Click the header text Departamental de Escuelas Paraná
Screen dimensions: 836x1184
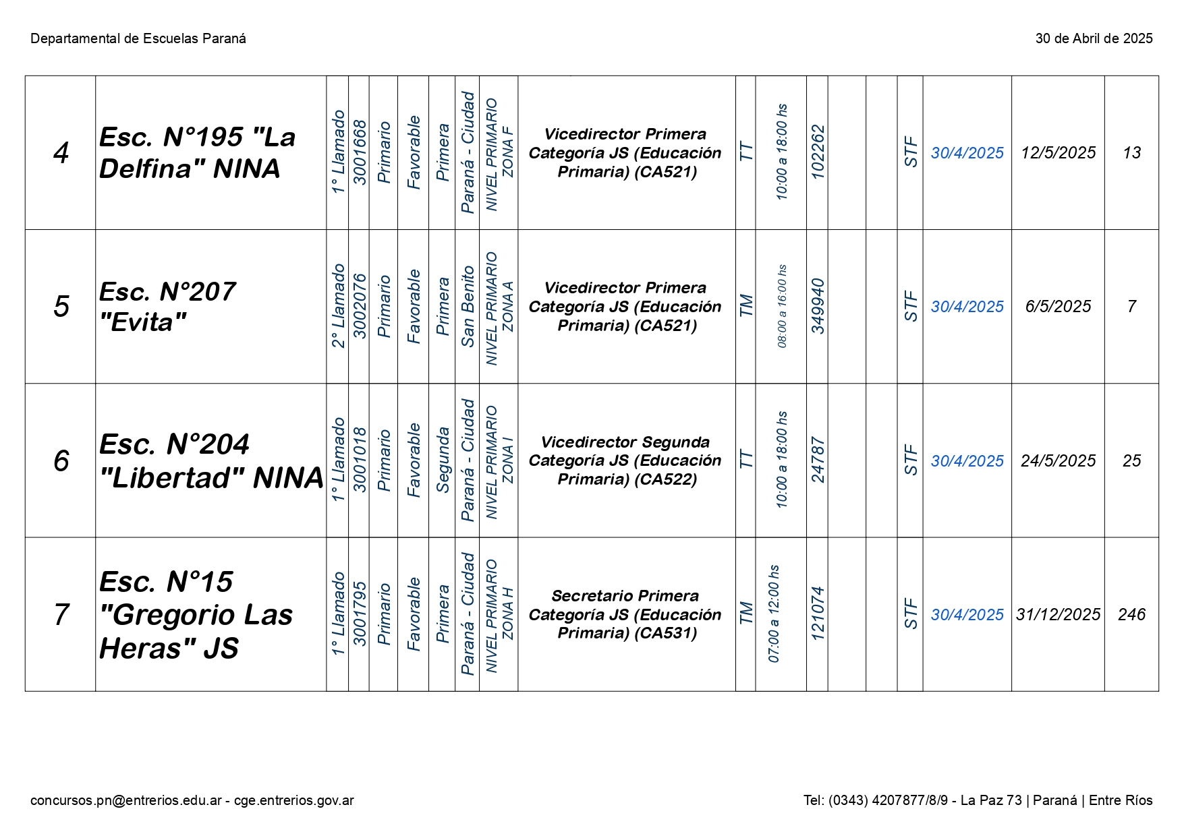click(138, 39)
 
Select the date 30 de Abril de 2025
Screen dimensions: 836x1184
click(1094, 39)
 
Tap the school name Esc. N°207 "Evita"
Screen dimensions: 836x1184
click(167, 307)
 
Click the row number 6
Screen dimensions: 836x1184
click(61, 461)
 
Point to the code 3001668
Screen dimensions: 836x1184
click(360, 152)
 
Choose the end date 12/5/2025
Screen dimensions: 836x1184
click(1058, 153)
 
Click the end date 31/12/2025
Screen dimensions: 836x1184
click(1058, 615)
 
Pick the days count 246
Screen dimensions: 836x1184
click(1131, 615)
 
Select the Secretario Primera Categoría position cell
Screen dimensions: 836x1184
click(625, 614)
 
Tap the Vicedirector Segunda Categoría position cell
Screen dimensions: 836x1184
click(625, 460)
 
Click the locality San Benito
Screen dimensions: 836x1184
click(468, 307)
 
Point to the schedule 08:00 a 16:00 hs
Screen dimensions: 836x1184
click(782, 307)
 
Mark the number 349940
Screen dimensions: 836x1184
click(818, 307)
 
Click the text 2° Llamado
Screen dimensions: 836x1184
click(338, 307)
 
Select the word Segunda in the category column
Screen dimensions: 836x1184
click(443, 460)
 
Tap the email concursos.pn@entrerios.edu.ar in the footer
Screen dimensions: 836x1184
click(126, 800)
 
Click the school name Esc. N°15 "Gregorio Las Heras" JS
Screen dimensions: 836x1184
click(196, 615)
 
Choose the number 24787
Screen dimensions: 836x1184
click(818, 460)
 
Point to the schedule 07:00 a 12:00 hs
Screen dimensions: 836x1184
click(774, 614)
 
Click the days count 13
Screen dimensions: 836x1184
click(1131, 153)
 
